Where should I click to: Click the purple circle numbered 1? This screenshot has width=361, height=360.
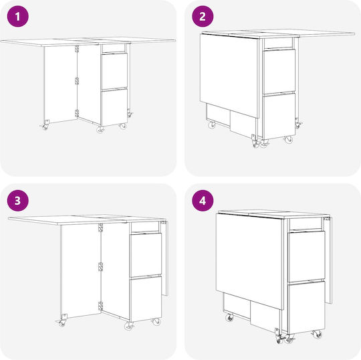(x=18, y=16)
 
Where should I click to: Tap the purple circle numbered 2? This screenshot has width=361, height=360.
(x=203, y=16)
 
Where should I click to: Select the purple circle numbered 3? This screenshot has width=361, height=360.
(x=18, y=201)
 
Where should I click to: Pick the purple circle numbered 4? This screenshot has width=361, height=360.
(x=203, y=201)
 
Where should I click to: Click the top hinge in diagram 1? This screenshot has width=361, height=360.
(x=77, y=49)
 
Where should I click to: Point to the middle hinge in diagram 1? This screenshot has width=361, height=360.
(x=77, y=81)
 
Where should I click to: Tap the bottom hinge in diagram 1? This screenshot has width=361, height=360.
(x=77, y=113)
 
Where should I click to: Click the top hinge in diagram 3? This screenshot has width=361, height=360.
(x=100, y=228)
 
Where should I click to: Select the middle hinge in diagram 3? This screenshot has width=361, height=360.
(x=100, y=267)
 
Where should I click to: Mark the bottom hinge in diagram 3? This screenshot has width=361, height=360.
(x=100, y=306)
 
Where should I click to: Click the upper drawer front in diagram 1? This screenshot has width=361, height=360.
(x=114, y=71)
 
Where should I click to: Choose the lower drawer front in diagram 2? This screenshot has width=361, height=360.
(x=279, y=116)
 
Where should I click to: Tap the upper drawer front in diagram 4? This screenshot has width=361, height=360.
(x=306, y=256)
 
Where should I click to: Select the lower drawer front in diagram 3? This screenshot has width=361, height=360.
(x=146, y=299)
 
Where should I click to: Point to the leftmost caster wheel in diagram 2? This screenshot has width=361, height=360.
(x=211, y=125)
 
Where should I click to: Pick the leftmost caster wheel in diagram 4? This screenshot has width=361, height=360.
(x=229, y=318)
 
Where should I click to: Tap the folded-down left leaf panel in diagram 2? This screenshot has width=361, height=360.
(x=230, y=74)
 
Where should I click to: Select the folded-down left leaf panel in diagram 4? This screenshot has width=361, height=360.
(x=250, y=260)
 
